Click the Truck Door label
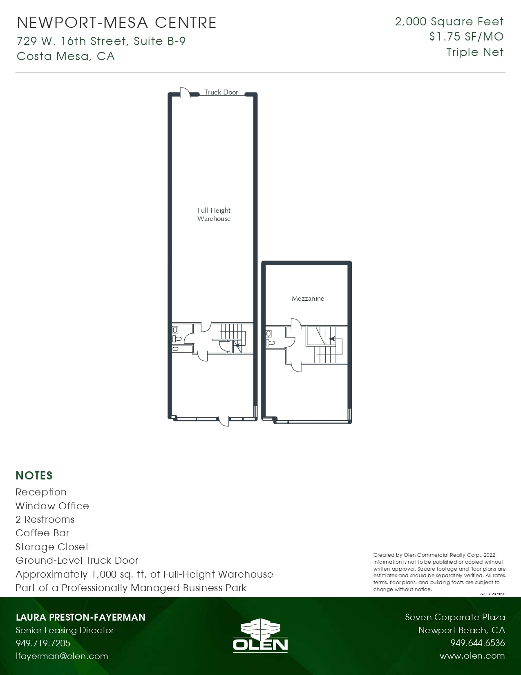(221, 92)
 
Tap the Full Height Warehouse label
(214, 214)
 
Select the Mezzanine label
(308, 299)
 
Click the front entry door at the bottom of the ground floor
(224, 421)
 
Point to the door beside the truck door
(185, 92)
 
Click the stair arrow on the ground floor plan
(237, 345)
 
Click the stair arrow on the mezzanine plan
(332, 339)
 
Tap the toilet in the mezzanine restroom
(270, 343)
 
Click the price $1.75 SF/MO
(466, 37)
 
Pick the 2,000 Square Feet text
(449, 21)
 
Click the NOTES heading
(34, 476)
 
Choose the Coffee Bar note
(42, 533)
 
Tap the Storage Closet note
(52, 547)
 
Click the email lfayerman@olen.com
(62, 656)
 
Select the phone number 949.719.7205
(43, 643)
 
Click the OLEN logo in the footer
(260, 635)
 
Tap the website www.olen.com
(472, 656)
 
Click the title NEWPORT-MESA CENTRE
(117, 22)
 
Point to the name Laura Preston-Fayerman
(80, 617)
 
